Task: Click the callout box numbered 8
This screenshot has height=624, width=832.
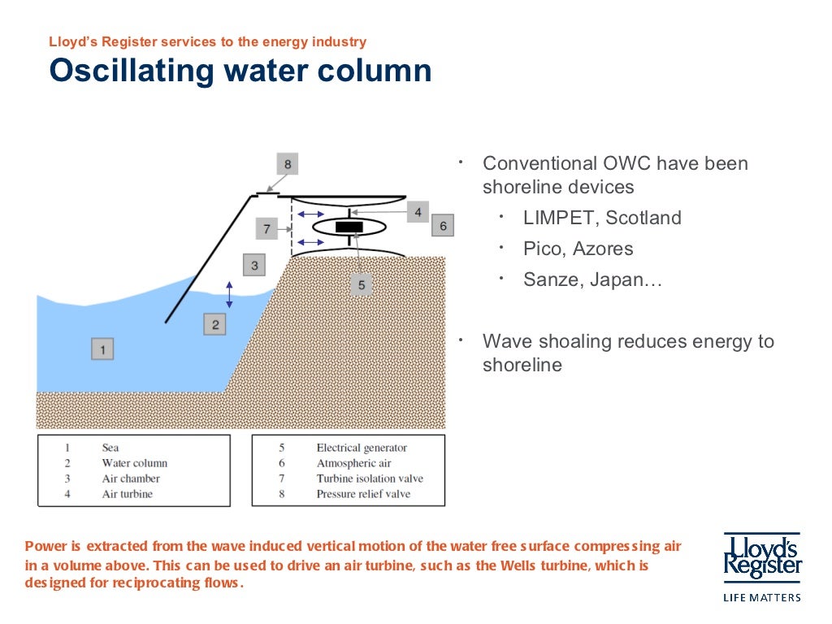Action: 287,163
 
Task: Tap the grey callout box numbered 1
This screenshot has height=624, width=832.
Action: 102,349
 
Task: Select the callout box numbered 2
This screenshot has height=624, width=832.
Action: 215,325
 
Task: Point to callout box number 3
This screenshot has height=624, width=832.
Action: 254,265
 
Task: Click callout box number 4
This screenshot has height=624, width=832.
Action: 418,212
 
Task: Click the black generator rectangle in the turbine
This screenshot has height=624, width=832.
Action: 349,227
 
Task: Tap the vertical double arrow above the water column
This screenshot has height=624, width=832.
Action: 229,294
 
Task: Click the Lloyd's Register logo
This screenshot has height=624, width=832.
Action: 762,556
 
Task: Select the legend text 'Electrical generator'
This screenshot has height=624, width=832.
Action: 362,448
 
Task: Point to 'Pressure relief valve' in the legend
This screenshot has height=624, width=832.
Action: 363,494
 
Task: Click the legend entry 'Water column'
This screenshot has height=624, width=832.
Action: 134,463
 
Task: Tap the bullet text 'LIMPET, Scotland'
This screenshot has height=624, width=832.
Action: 602,218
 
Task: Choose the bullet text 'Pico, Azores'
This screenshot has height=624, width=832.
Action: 578,249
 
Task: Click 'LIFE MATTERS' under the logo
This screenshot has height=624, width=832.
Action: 762,597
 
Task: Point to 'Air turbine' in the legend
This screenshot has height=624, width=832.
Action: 127,494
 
